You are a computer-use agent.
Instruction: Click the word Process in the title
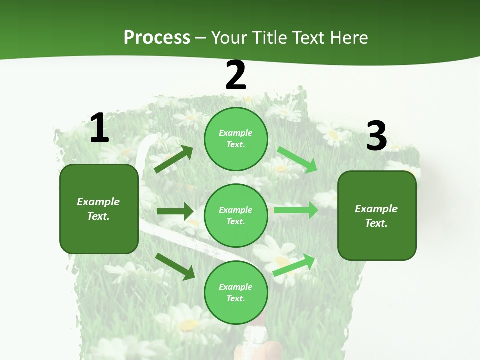point(157,38)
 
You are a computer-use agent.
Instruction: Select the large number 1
point(99,128)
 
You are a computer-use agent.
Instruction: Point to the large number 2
point(236,75)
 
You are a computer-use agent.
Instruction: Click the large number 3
point(376,136)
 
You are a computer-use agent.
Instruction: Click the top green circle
point(236,139)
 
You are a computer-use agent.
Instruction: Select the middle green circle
point(236,215)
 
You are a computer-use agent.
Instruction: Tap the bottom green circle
point(236,292)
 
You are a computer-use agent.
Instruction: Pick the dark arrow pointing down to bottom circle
point(175,266)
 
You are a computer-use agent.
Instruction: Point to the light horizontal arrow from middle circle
point(295,210)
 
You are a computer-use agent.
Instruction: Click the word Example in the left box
point(98,202)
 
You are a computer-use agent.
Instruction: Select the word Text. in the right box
point(376,223)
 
